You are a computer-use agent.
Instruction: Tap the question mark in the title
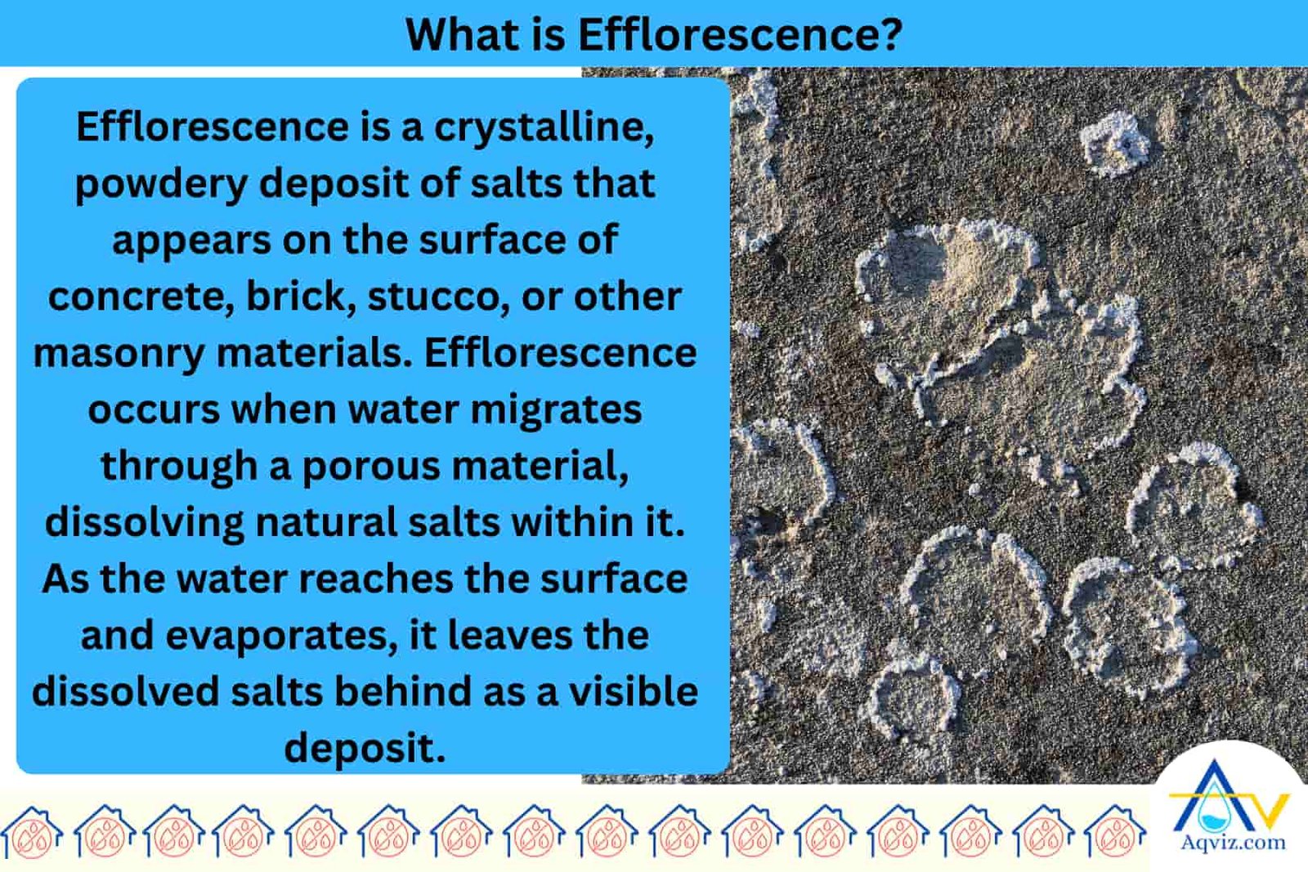892,34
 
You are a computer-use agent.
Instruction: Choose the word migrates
556,409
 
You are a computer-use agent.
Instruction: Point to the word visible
634,692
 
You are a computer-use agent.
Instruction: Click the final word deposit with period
365,748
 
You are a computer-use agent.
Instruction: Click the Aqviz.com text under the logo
1233,843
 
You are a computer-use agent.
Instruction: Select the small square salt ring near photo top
1113,145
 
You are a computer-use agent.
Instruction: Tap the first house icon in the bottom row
33,834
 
